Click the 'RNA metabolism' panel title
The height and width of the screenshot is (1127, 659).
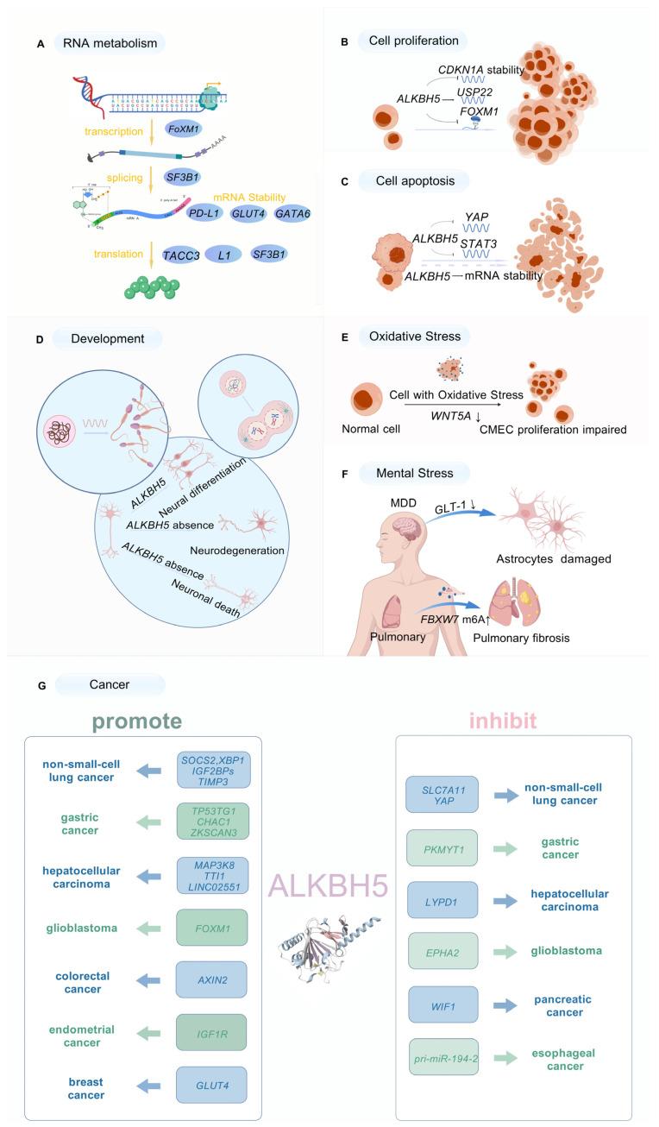click(x=109, y=41)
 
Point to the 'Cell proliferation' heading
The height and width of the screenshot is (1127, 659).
click(x=413, y=41)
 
